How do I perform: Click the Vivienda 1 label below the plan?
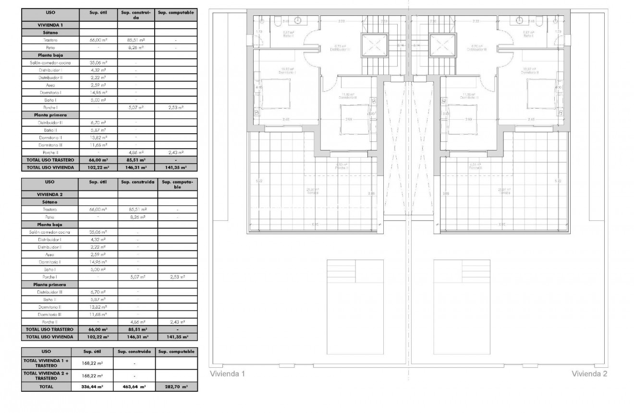click(228, 374)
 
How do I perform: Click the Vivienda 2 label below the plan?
click(589, 374)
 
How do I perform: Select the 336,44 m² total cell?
click(92, 386)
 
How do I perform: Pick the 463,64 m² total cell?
click(134, 386)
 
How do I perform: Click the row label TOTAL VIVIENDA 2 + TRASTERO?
click(47, 375)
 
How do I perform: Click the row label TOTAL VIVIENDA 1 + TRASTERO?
click(47, 363)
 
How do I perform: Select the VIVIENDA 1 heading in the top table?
click(50, 24)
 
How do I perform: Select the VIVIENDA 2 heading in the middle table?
click(50, 194)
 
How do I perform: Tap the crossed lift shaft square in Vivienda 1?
click(373, 45)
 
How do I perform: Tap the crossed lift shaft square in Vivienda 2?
click(441, 45)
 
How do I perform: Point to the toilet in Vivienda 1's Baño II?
click(278, 21)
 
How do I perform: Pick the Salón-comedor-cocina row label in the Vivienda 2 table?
click(50, 232)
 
